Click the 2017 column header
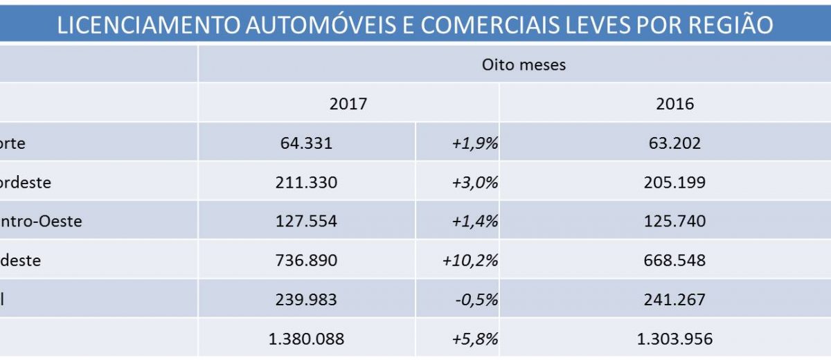pyautogui.click(x=348, y=104)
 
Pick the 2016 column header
pyautogui.click(x=674, y=104)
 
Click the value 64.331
pyautogui.click(x=307, y=143)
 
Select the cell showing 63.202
pyautogui.click(x=674, y=143)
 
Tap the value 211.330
pyautogui.click(x=307, y=182)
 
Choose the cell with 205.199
pyautogui.click(x=674, y=182)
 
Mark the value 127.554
pyautogui.click(x=307, y=221)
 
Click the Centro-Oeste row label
pyautogui.click(x=42, y=221)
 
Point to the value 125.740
pyautogui.click(x=674, y=221)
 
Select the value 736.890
pyautogui.click(x=307, y=260)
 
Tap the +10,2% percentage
pyautogui.click(x=471, y=260)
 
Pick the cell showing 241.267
pyautogui.click(x=674, y=299)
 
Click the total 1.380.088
pyautogui.click(x=306, y=339)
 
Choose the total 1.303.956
pyautogui.click(x=674, y=339)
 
